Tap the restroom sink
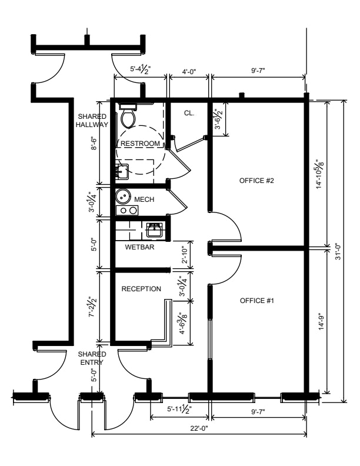tap(122, 171)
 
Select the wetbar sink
tap(154, 229)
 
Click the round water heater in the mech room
tap(123, 195)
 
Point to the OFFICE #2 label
tap(256, 181)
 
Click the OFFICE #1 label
tap(256, 301)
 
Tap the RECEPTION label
tap(141, 289)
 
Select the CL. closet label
tap(189, 113)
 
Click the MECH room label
tap(144, 199)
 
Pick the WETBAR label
tap(139, 247)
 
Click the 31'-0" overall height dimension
tap(338, 251)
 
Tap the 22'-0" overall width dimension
tap(199, 428)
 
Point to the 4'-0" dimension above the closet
tap(189, 71)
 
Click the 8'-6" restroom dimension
tap(94, 143)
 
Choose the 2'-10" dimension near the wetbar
tap(185, 255)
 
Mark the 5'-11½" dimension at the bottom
tap(179, 409)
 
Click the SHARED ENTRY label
tap(92, 358)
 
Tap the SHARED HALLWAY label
tap(92, 121)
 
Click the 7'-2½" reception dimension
tap(93, 307)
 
